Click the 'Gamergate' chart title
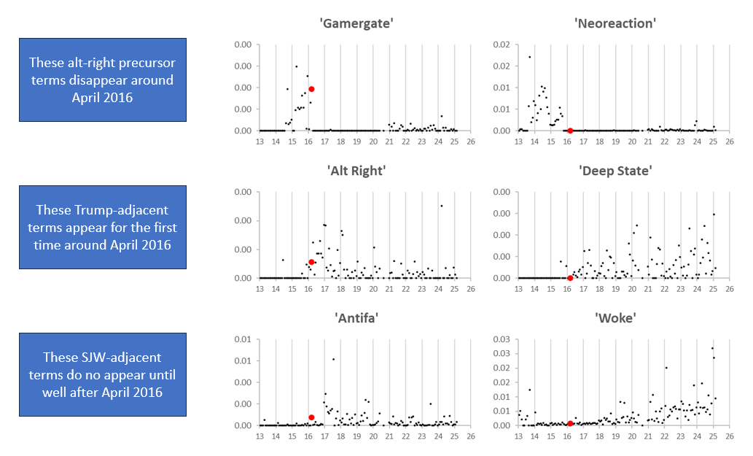(x=356, y=23)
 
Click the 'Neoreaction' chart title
(x=616, y=23)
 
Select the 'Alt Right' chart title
(x=356, y=171)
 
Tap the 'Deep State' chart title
(x=616, y=171)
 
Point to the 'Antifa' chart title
(x=356, y=318)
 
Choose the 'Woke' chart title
(x=616, y=318)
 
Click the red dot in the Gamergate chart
(x=311, y=89)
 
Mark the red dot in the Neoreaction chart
(x=570, y=131)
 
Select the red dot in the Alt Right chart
(x=311, y=262)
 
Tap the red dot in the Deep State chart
(x=570, y=278)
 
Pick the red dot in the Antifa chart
(x=311, y=417)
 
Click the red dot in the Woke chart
(x=570, y=423)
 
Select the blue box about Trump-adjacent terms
(x=103, y=227)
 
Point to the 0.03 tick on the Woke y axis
(x=503, y=340)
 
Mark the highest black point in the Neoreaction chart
(x=529, y=57)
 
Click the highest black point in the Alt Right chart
(x=441, y=206)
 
